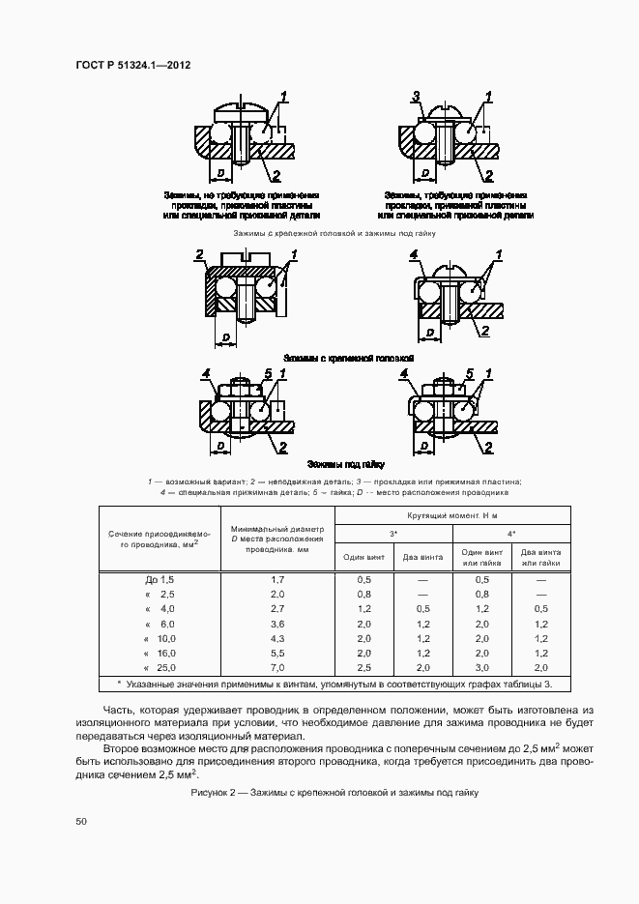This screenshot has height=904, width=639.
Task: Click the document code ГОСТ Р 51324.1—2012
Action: point(131,66)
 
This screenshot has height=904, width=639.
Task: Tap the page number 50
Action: point(81,821)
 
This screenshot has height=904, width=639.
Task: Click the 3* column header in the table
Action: point(392,533)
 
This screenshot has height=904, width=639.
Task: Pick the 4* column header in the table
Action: point(511,533)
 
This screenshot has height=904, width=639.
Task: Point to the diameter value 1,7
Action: point(277,578)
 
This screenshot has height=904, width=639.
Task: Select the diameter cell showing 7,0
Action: point(277,668)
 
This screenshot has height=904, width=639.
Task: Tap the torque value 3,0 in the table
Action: point(482,668)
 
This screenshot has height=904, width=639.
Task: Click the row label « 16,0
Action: point(160,654)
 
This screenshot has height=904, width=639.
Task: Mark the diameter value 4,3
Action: point(277,638)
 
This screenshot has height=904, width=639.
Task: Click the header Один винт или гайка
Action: point(482,557)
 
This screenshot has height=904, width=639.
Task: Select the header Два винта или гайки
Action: point(540,557)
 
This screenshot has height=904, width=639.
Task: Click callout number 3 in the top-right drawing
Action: point(416,96)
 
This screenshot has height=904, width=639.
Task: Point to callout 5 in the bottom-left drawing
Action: point(267,373)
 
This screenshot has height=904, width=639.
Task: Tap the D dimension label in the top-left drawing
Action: point(221,172)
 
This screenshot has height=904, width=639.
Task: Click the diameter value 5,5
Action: point(277,654)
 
